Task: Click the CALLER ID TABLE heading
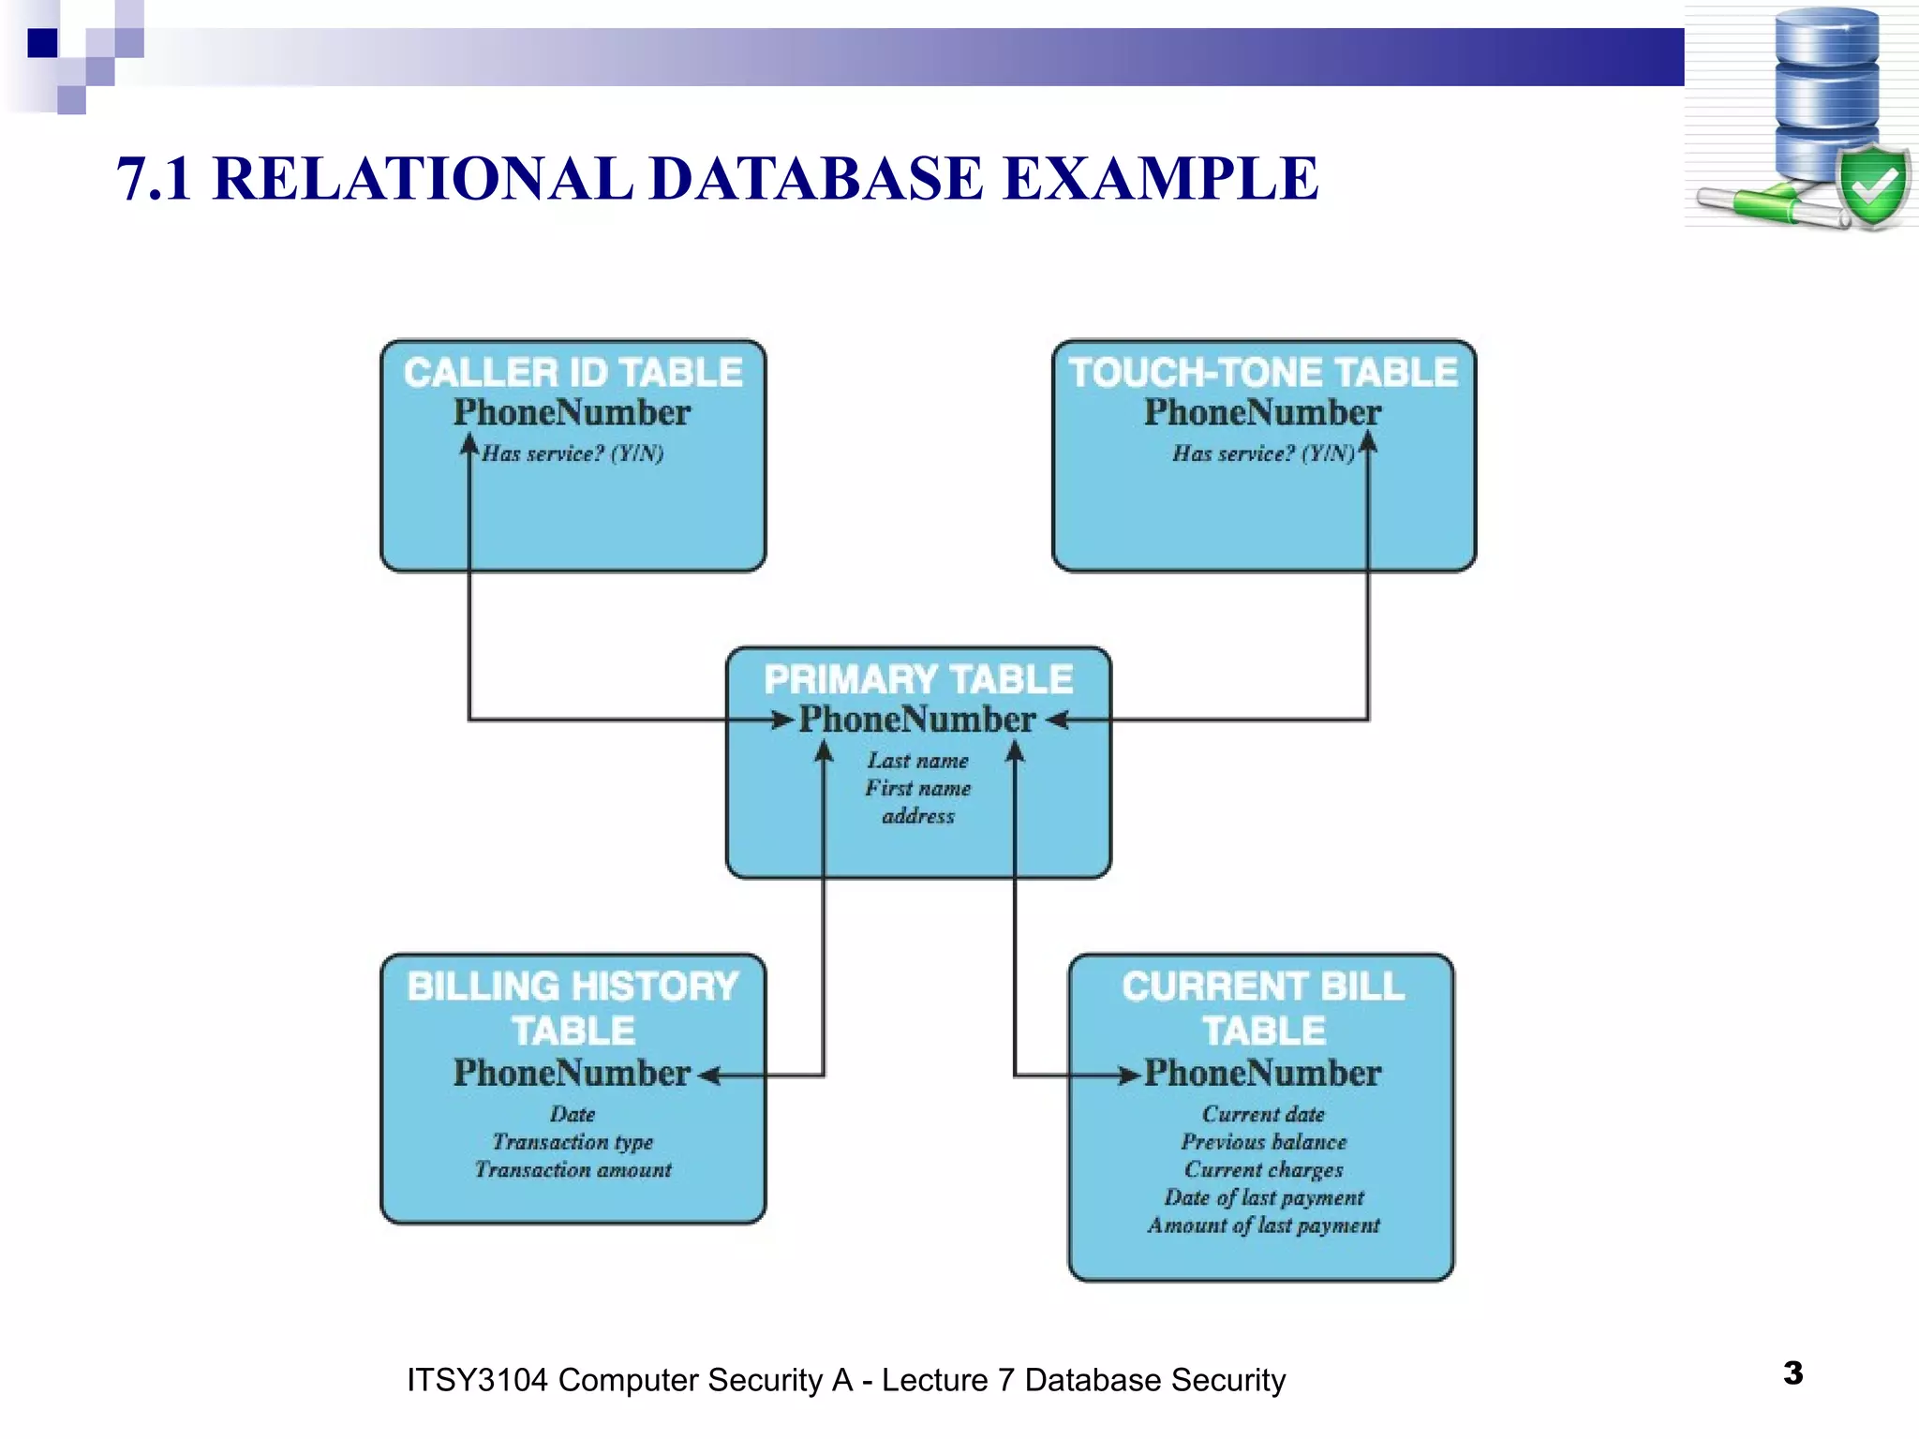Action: click(573, 373)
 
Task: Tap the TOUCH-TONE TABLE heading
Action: click(1263, 373)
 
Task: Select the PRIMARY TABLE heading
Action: click(918, 679)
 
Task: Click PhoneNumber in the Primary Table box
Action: click(916, 719)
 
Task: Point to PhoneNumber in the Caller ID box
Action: click(572, 412)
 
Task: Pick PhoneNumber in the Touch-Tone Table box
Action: click(1262, 412)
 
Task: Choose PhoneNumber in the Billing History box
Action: click(572, 1073)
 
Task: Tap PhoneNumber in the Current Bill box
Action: click(1262, 1073)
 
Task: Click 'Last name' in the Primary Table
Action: click(917, 761)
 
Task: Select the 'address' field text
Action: click(918, 816)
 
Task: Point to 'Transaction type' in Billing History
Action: click(573, 1142)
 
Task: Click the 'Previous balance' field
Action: click(1263, 1142)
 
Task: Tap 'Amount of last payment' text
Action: click(1263, 1225)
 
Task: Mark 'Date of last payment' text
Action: click(1263, 1197)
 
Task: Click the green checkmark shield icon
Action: click(1873, 187)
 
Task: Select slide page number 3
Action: click(1793, 1373)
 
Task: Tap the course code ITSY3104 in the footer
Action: click(476, 1380)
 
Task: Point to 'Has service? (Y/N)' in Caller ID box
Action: click(573, 453)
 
